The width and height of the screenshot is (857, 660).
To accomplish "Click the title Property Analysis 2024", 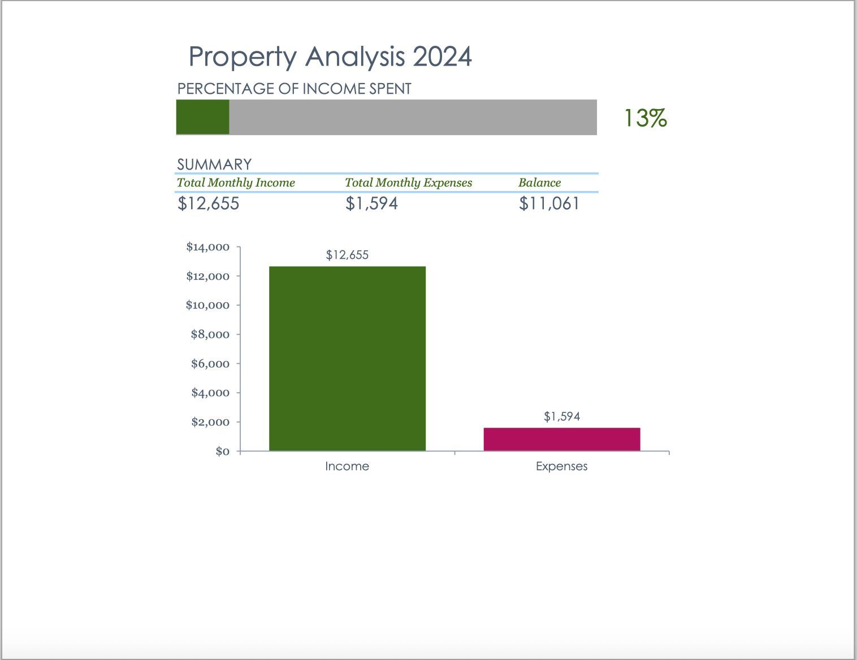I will pos(330,57).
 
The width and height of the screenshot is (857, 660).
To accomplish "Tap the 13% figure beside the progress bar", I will pos(645,118).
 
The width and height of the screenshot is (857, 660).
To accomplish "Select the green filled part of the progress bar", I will pos(202,117).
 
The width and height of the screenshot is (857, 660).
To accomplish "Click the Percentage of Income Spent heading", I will pos(294,89).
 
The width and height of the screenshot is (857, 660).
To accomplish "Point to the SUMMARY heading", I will pos(214,164).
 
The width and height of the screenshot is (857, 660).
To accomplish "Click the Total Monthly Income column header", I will pos(236,183).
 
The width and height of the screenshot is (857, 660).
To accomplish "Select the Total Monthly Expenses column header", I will pos(408,183).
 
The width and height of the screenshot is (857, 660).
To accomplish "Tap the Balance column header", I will pos(539,183).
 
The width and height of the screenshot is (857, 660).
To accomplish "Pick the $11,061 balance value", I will pos(549,203).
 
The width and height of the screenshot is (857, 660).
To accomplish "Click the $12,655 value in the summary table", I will pos(209,203).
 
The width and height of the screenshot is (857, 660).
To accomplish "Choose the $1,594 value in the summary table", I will pos(371,203).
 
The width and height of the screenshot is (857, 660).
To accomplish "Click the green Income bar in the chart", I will pos(347,358).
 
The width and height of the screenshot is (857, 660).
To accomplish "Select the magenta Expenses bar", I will pos(561,439).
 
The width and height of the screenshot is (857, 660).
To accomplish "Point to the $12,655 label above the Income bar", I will pos(347,255).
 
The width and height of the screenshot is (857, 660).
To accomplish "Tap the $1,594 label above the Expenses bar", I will pos(561,416).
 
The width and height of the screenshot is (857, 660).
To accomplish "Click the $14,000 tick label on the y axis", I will pos(207,247).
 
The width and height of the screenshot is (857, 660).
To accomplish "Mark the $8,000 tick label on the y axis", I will pos(210,335).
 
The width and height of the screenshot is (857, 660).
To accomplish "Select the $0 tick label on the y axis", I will pos(222,451).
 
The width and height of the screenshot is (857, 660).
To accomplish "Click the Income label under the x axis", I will pos(347,466).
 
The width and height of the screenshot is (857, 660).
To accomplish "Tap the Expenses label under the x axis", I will pos(561,466).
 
